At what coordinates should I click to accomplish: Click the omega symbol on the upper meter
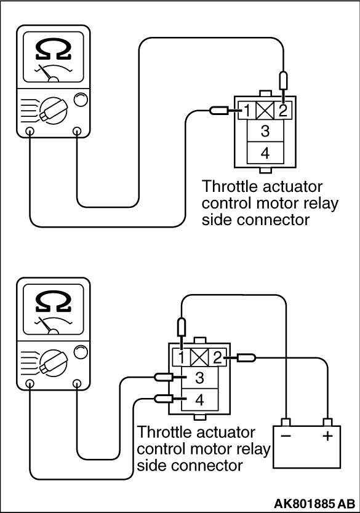(x=54, y=49)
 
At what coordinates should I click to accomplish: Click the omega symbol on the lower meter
(x=54, y=301)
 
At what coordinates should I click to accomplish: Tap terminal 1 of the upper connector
(x=247, y=110)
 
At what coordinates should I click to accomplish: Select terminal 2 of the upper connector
(x=282, y=110)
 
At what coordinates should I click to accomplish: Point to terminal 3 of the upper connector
(x=265, y=131)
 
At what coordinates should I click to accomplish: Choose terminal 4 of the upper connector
(x=265, y=153)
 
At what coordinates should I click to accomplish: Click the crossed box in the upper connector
(x=265, y=110)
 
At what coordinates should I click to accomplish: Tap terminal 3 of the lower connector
(x=199, y=378)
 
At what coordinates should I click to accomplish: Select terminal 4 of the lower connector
(x=199, y=400)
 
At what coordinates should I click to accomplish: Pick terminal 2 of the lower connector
(x=217, y=357)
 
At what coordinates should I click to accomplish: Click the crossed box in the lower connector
(x=199, y=357)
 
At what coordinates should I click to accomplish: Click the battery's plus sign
(x=327, y=436)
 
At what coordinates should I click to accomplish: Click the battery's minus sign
(x=286, y=436)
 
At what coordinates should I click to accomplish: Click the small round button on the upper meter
(x=81, y=100)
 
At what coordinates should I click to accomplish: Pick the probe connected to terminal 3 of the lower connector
(x=163, y=377)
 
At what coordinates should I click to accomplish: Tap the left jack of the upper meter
(x=30, y=131)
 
